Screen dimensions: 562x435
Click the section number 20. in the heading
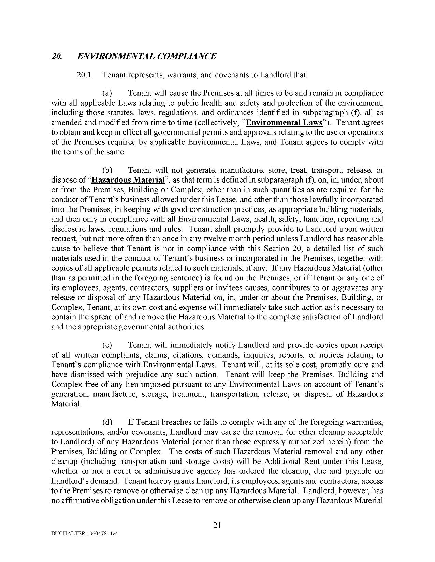click(x=57, y=57)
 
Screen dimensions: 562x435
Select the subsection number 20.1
click(x=84, y=75)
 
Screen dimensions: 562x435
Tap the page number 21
click(x=217, y=526)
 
